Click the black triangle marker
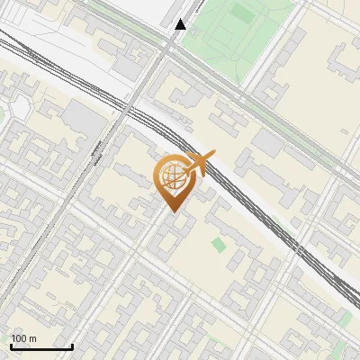tap(181, 24)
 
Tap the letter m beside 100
tap(33, 338)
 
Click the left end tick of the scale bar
tap(11, 346)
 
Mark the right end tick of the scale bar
tap(72, 346)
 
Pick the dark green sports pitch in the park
tap(240, 14)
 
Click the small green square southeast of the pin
tap(219, 244)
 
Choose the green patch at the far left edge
tap(3, 113)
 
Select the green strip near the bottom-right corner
tap(345, 317)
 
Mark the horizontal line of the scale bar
tap(41, 346)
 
